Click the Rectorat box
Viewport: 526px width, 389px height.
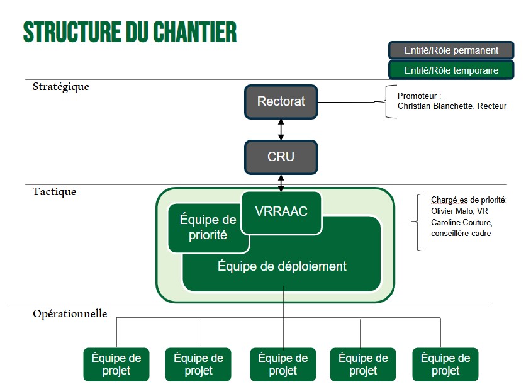point(281,101)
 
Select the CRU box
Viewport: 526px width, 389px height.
point(281,157)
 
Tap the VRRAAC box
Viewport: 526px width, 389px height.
point(281,211)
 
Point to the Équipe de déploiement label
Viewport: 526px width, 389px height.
point(282,266)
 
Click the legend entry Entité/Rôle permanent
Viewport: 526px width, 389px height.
point(451,50)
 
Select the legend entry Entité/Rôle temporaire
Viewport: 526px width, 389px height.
point(451,70)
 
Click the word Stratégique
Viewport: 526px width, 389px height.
point(61,87)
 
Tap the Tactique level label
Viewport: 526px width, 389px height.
point(54,192)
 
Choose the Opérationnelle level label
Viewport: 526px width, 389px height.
point(70,313)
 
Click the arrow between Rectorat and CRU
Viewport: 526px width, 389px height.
point(281,129)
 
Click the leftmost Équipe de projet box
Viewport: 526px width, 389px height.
point(116,364)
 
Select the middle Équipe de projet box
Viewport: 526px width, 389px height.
point(283,364)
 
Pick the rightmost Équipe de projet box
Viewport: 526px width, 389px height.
point(445,364)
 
